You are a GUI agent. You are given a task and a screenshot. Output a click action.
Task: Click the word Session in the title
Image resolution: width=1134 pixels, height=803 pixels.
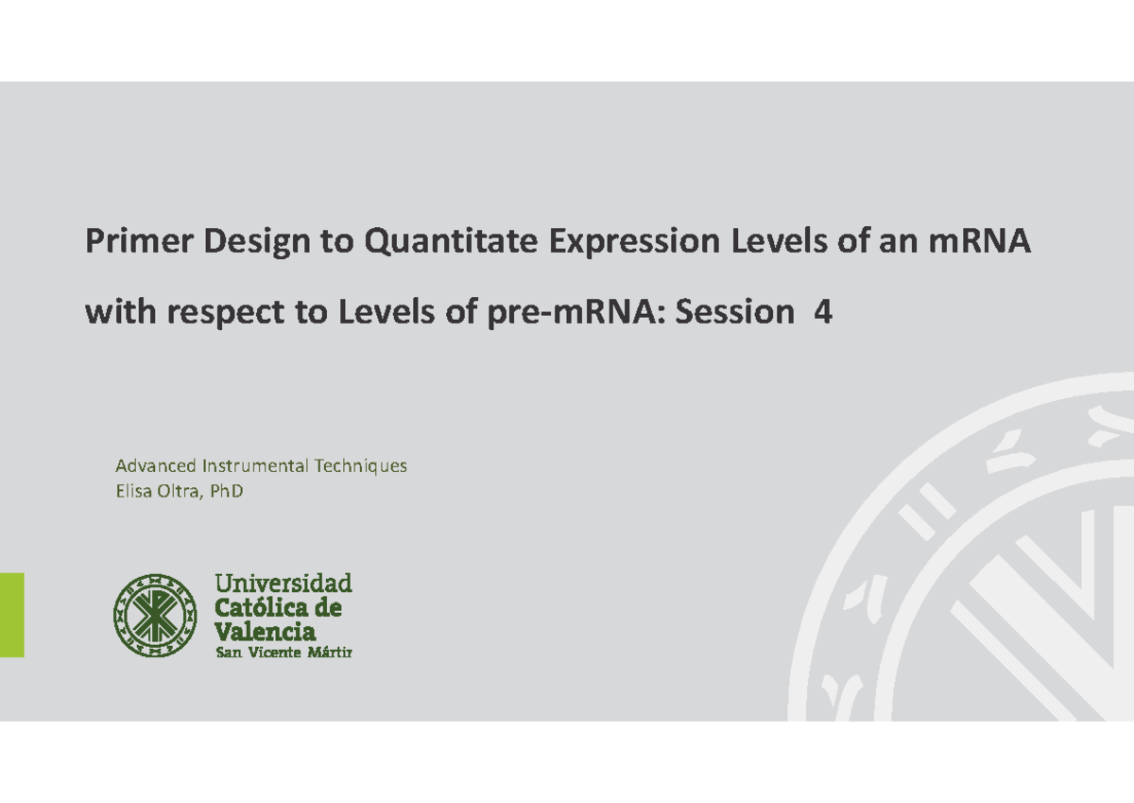(736, 312)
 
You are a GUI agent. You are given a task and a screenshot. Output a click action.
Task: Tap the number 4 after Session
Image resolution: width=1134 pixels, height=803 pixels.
(823, 312)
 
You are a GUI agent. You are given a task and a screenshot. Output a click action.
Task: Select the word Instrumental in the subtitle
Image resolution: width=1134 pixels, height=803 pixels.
(255, 466)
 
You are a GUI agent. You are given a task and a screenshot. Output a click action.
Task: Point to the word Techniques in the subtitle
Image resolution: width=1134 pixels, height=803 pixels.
(361, 466)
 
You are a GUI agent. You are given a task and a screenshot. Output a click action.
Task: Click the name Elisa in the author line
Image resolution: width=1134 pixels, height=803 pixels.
(133, 492)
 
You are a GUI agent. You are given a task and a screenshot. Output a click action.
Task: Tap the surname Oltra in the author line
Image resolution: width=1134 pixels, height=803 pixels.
(180, 492)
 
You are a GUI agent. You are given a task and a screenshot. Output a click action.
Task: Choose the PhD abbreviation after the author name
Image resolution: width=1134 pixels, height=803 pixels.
(227, 492)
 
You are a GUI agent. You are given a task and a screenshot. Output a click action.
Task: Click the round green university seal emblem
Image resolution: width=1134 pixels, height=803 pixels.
(155, 616)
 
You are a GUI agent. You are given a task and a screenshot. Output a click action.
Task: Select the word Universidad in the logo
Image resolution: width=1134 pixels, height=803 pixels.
(283, 583)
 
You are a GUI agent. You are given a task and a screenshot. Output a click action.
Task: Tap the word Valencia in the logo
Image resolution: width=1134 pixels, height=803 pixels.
(266, 631)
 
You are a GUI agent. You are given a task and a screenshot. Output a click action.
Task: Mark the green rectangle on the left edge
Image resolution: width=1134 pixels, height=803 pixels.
(11, 615)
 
